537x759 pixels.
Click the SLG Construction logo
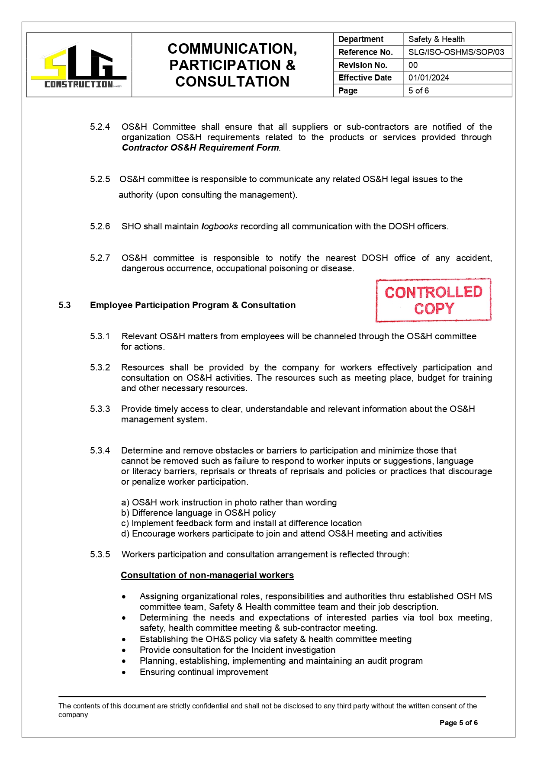79,66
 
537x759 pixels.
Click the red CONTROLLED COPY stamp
433,300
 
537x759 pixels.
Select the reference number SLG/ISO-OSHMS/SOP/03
456,52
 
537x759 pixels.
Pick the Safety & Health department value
436,39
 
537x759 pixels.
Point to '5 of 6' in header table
418,91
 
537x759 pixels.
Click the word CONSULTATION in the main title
232,82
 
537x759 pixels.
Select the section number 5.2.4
100,127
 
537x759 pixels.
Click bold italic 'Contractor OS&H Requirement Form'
200,148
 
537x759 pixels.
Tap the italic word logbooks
219,227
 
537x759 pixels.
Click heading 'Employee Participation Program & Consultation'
193,306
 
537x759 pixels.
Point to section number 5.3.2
100,368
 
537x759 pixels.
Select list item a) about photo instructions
229,503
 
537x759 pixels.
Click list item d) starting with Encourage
281,534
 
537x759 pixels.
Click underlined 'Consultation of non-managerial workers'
207,576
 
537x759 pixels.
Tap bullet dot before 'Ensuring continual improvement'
124,673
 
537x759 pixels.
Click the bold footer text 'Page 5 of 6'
458,723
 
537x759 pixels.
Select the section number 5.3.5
100,555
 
